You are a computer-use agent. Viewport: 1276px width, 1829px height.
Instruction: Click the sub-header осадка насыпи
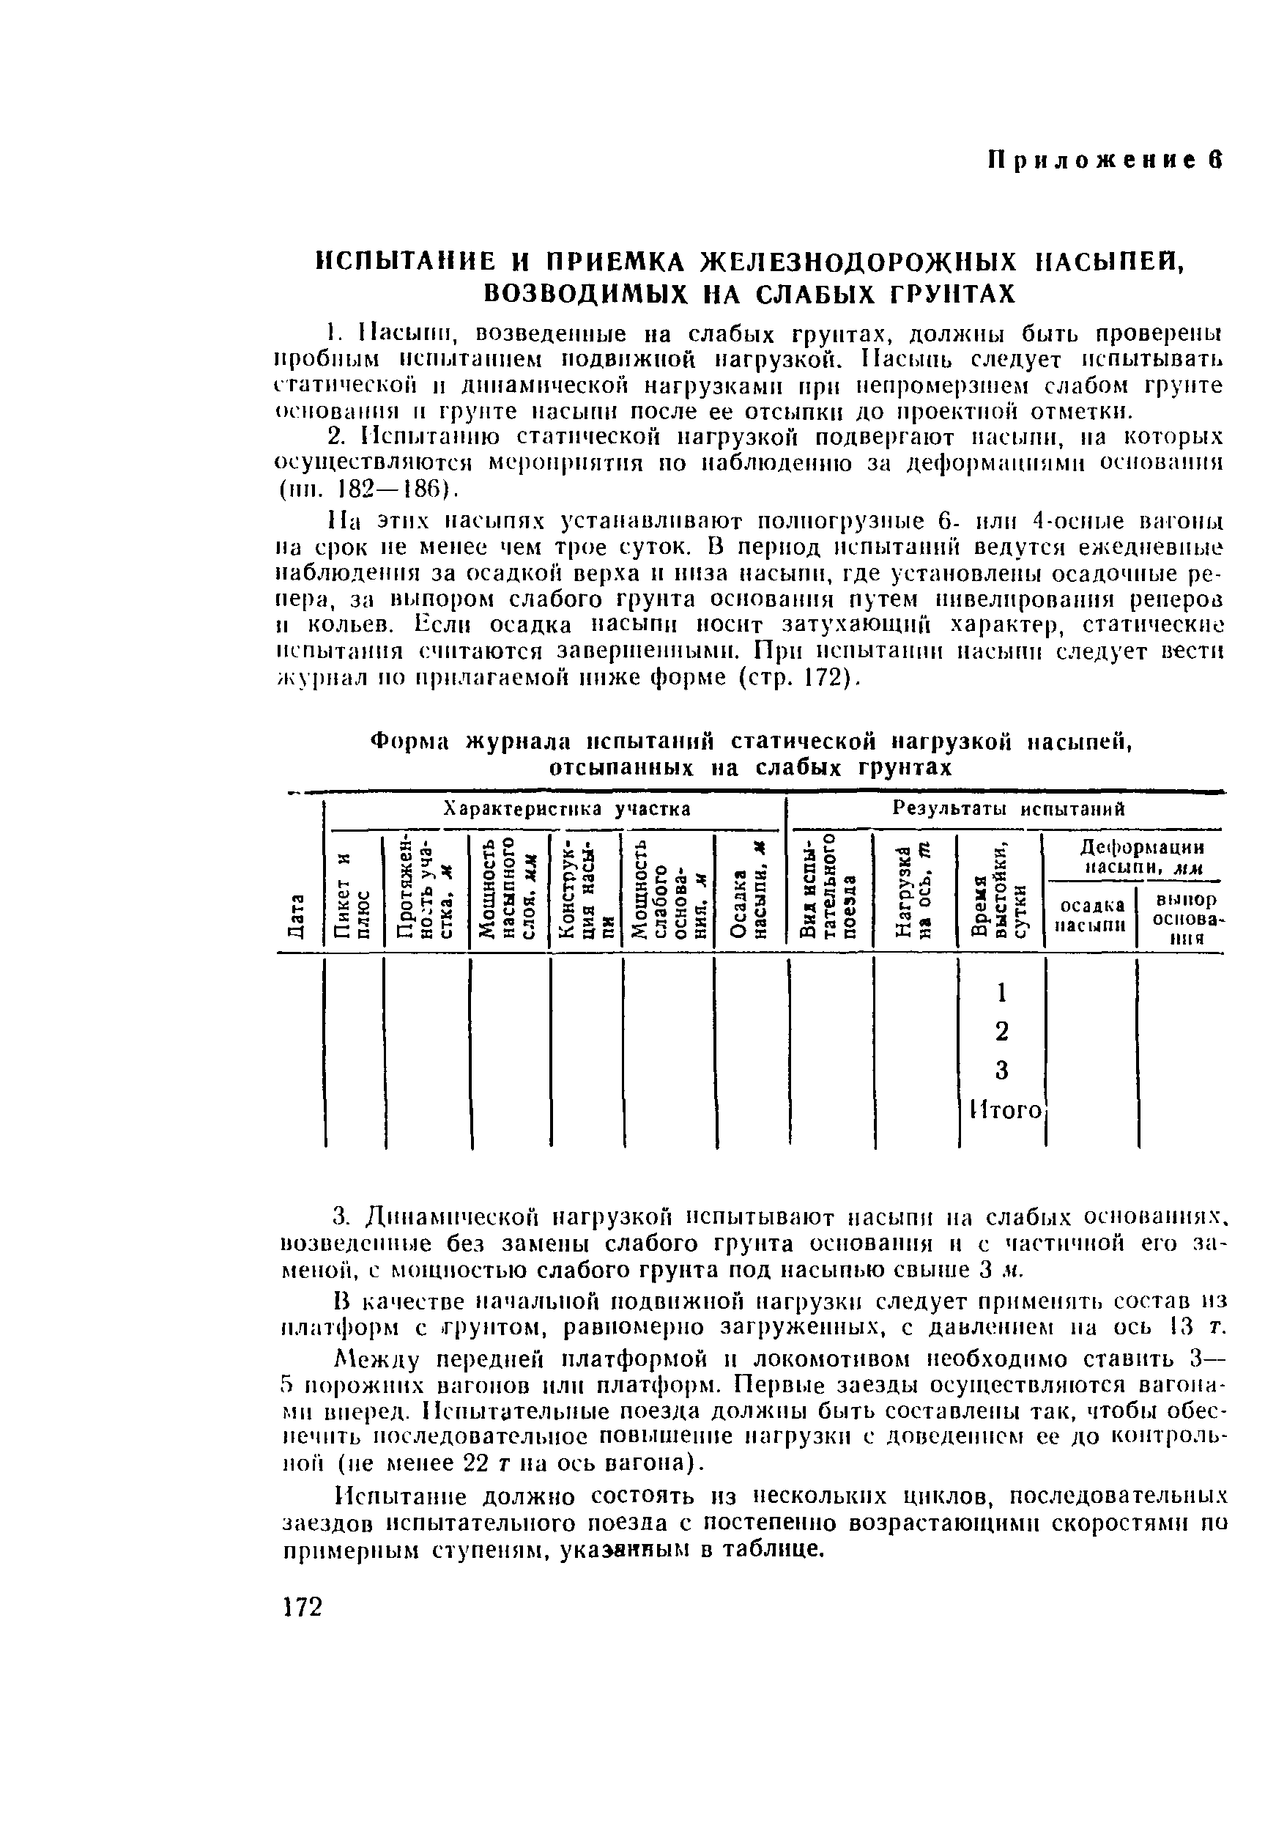[1091, 914]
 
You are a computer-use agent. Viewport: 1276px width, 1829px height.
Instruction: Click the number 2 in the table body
[1002, 1031]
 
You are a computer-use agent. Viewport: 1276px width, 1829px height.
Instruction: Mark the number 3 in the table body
[1002, 1070]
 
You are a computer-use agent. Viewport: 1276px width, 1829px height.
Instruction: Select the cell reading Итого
[1005, 1109]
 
